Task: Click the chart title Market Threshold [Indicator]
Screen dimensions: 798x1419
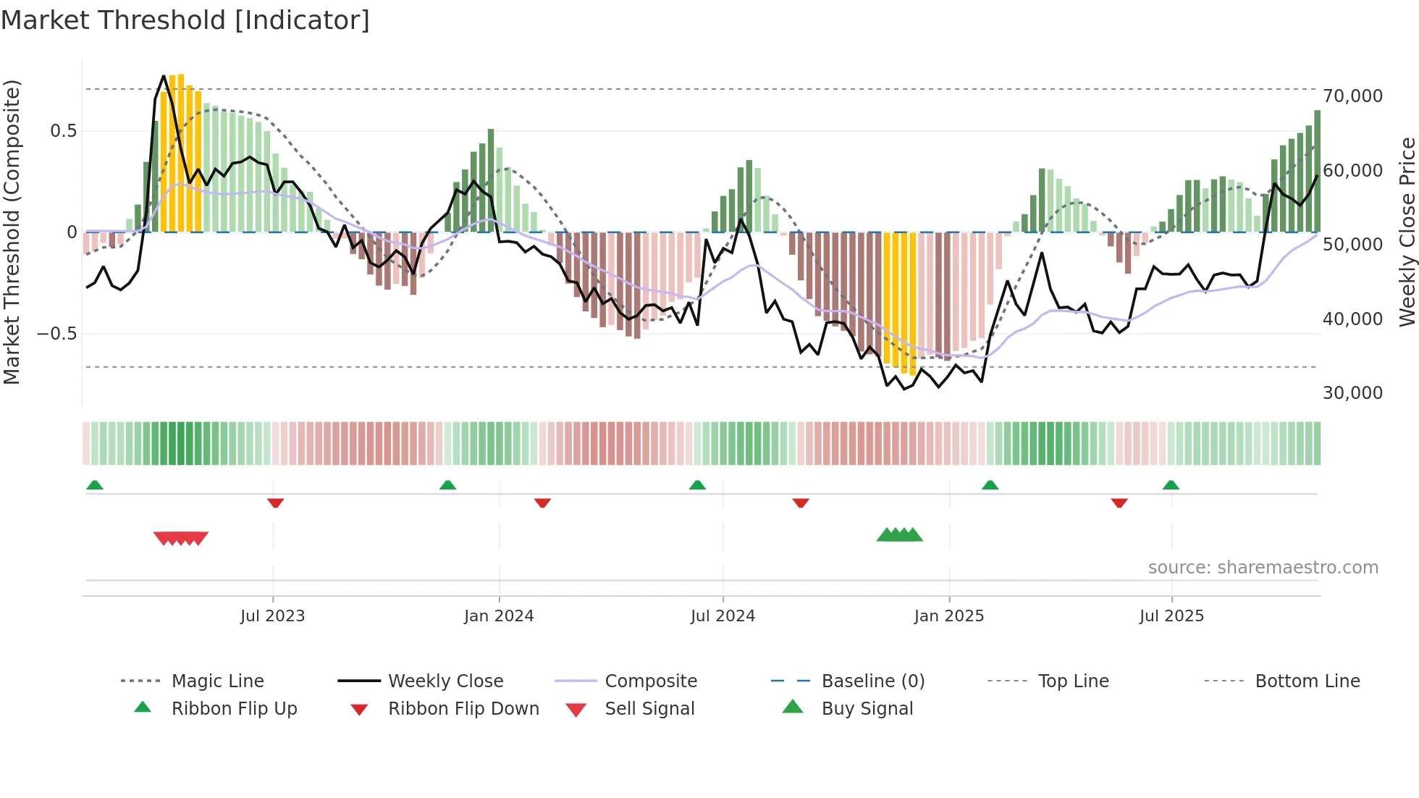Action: pos(185,20)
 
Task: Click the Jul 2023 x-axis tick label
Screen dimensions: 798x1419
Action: pos(272,616)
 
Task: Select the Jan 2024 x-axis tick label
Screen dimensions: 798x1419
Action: pos(499,616)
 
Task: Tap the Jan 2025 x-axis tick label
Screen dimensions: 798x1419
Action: pos(948,616)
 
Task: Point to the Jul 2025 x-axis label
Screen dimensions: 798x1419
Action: pos(1171,616)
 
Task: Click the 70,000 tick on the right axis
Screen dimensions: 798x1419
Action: pos(1352,96)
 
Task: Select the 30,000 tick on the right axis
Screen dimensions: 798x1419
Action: pos(1352,393)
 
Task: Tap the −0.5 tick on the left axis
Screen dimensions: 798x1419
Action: pos(56,334)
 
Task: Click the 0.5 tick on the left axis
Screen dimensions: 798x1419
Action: pos(63,131)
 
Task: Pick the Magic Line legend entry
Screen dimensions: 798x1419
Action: pos(217,681)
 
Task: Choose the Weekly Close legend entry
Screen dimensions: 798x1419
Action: pos(445,681)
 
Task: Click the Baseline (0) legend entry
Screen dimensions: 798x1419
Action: pos(872,681)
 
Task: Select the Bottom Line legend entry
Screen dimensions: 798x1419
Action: pos(1307,681)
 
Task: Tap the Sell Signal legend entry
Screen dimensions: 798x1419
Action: pos(649,709)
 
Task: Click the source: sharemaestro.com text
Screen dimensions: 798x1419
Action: pos(1263,568)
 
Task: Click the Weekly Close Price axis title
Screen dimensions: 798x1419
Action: pos(1407,232)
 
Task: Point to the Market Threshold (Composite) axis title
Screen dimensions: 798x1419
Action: pos(12,232)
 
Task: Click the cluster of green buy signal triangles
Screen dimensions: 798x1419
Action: pos(899,536)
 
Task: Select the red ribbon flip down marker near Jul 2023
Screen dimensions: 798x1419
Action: pos(275,503)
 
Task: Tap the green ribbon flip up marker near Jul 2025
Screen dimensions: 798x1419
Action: pos(1171,485)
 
